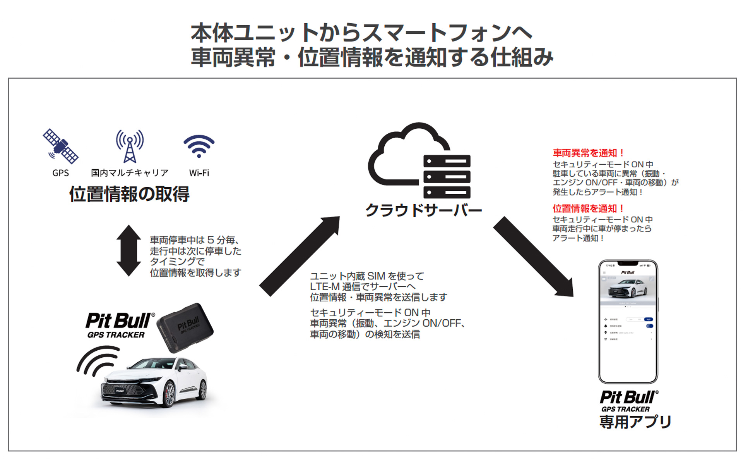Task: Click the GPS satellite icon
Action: (x=60, y=146)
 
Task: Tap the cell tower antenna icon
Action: (x=130, y=146)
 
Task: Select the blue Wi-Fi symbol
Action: (x=199, y=146)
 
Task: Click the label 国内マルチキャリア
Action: (x=130, y=173)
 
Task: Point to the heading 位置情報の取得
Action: (x=129, y=194)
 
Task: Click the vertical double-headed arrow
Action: (x=128, y=250)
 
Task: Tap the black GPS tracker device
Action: (x=185, y=327)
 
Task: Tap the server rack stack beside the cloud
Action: (x=447, y=177)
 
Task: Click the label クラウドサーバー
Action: (x=423, y=210)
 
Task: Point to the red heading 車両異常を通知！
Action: (x=588, y=153)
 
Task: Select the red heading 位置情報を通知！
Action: (x=588, y=208)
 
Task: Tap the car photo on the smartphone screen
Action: (x=628, y=289)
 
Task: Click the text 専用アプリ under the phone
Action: (x=635, y=422)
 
